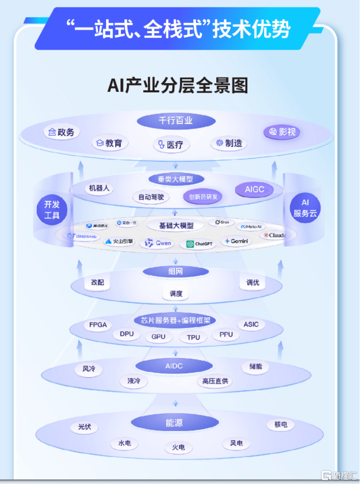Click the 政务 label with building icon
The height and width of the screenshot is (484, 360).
pos(62,132)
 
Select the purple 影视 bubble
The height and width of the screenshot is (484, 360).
pos(282,132)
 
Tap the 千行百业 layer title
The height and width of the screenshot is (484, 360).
pos(176,120)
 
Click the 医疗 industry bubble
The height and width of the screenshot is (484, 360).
pos(171,145)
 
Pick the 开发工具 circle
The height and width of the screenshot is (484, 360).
pos(52,209)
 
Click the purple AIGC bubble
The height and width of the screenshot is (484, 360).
pos(255,189)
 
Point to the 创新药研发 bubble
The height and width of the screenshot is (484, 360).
pos(202,197)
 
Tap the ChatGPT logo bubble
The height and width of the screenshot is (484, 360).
pos(198,244)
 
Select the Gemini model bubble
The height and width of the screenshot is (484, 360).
pos(236,241)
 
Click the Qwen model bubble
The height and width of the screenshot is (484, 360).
pos(158,243)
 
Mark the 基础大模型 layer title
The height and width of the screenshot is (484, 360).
pos(176,225)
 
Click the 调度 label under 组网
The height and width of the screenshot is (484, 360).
pos(176,294)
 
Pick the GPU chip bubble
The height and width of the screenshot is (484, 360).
pos(158,337)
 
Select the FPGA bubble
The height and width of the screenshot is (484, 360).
pos(98,325)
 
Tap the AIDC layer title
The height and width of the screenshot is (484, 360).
pos(174,366)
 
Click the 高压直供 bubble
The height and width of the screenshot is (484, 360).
pos(215,381)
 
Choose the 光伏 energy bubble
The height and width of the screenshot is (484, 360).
pos(84,427)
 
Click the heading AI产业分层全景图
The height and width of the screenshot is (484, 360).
pos(178,85)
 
